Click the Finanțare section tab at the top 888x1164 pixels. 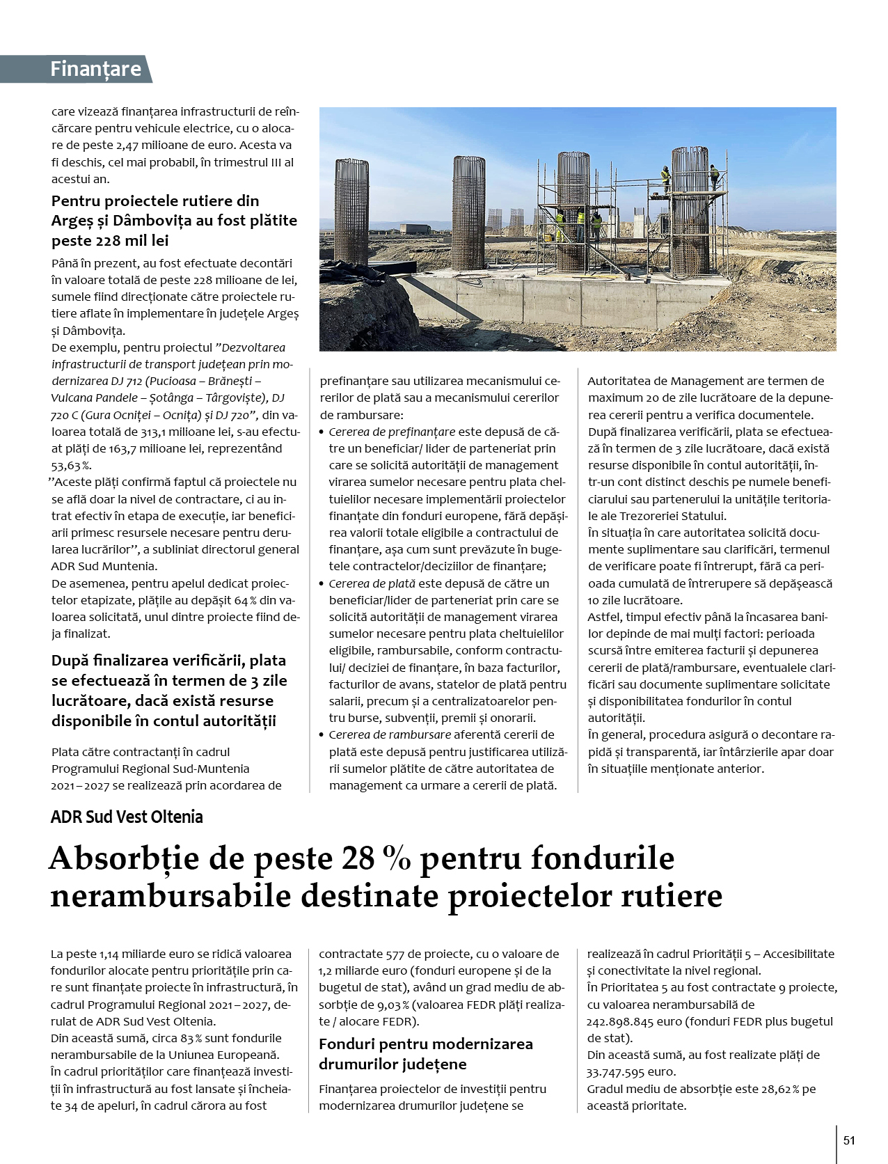point(96,69)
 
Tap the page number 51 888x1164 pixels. point(849,1140)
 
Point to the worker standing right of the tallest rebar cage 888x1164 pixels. point(713,177)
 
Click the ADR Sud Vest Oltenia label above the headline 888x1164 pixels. point(127,817)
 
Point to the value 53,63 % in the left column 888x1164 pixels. point(71,465)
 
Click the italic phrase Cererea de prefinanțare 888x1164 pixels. point(392,432)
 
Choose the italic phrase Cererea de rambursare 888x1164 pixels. point(389,734)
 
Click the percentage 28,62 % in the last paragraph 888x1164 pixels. point(776,1089)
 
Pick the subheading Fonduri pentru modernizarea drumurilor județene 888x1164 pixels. point(425,1053)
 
